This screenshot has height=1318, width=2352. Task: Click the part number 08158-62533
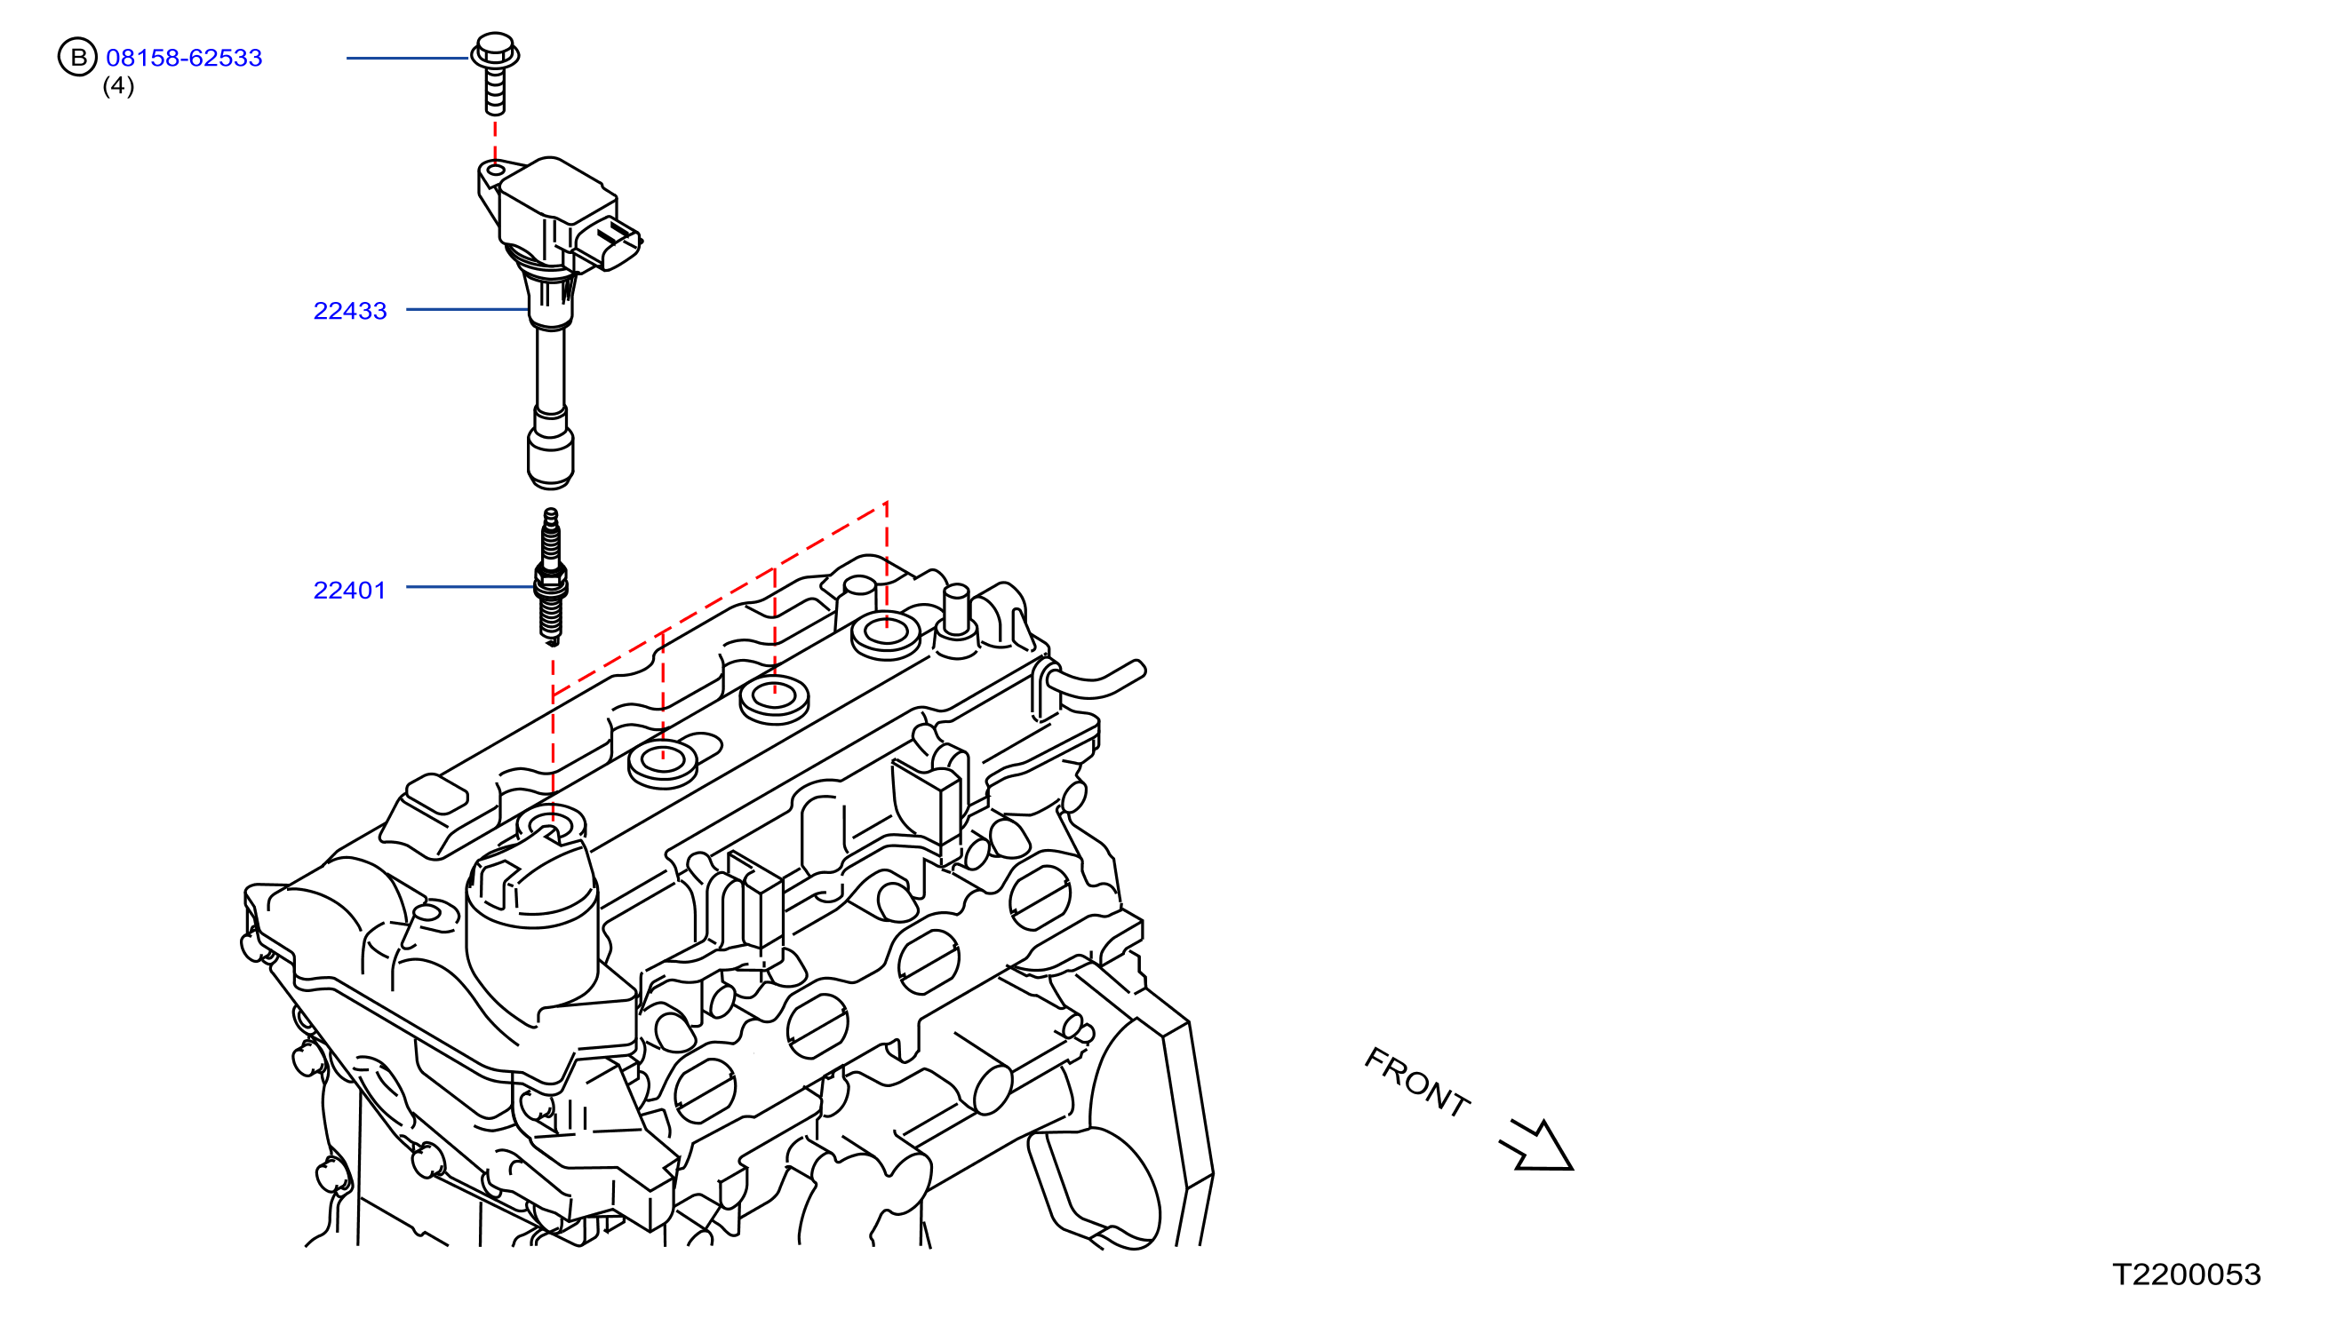click(185, 58)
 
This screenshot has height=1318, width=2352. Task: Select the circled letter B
click(77, 58)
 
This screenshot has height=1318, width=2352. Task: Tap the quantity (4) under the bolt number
click(119, 86)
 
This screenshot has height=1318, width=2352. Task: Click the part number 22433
click(350, 310)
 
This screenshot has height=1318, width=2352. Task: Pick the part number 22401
click(350, 591)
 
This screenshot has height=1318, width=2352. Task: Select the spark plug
click(551, 577)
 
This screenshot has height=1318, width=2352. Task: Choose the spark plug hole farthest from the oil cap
click(886, 635)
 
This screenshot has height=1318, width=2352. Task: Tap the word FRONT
click(1416, 1083)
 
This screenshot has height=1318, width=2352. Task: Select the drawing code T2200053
click(2187, 1274)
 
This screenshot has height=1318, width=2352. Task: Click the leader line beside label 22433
click(467, 309)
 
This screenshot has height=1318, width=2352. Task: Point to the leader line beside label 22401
click(470, 587)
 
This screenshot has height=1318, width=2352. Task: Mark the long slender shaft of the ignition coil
click(551, 369)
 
